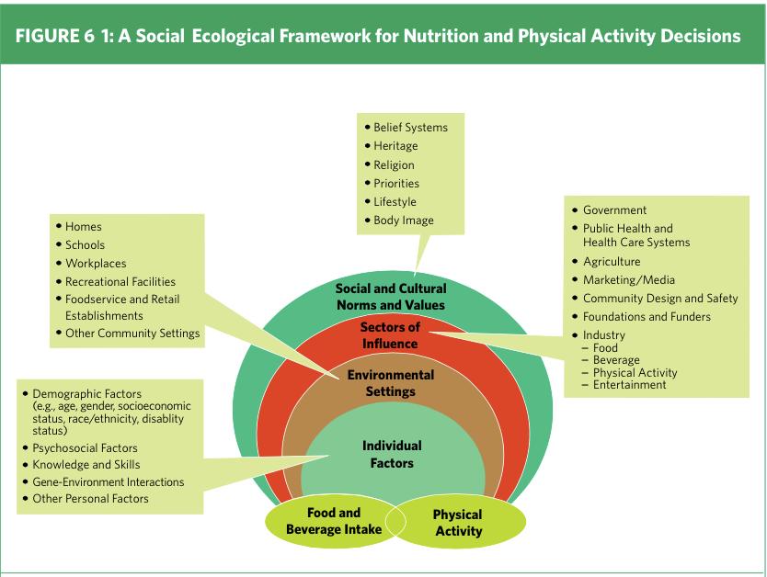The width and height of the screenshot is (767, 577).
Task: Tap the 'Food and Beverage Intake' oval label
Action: tap(334, 521)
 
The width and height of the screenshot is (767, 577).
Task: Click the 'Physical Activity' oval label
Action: tap(458, 522)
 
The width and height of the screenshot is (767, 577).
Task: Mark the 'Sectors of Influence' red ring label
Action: tap(390, 335)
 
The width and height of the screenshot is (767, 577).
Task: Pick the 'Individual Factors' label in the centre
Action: tap(392, 455)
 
